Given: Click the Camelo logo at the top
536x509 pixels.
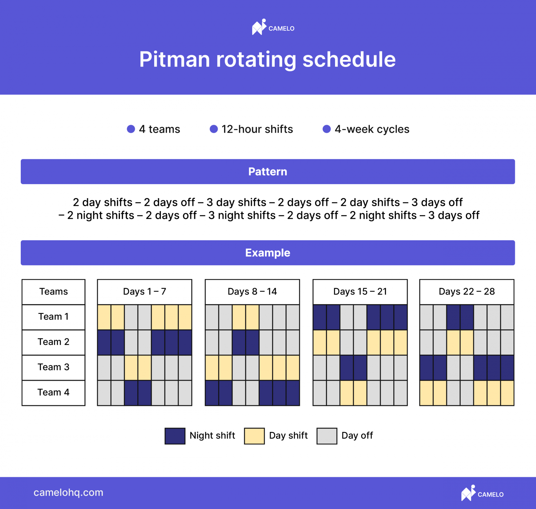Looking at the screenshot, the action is point(273,27).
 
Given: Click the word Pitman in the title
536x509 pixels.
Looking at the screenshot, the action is point(175,59).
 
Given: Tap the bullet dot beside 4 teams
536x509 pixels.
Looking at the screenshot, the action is point(131,129).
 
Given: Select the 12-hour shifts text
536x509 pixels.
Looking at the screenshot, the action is point(257,129).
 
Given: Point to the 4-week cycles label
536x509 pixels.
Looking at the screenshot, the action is point(372,129).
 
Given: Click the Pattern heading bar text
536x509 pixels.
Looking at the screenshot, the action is point(268,172).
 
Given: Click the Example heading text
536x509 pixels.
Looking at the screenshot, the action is point(268,253).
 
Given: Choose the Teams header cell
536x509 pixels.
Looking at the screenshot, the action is point(54,292).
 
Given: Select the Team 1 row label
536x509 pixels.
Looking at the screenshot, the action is point(54,317).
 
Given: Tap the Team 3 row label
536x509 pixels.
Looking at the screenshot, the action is point(54,367).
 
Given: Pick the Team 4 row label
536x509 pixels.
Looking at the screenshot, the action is point(54,393).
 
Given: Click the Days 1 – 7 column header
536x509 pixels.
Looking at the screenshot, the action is point(145,292).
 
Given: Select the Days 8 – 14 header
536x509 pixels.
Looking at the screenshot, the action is point(252,292).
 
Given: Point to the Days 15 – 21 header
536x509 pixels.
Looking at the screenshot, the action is point(360,292).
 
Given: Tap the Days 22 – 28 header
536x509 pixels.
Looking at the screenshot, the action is point(467,292).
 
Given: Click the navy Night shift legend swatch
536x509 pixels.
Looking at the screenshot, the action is point(175,436).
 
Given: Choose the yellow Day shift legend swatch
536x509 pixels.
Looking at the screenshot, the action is point(254,436).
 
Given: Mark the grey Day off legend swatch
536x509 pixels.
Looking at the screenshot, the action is point(327,436).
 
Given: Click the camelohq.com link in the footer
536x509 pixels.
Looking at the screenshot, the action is point(68,493).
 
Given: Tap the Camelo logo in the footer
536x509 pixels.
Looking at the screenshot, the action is point(482,493).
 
